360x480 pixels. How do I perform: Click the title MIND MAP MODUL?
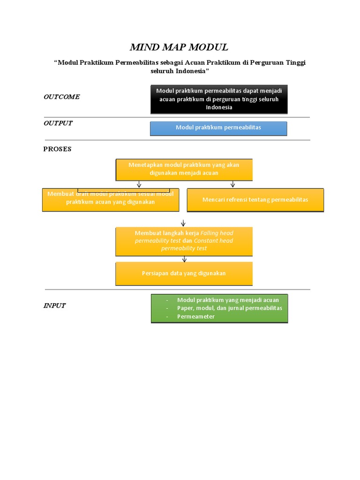point(179,47)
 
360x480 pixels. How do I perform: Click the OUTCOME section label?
point(61,97)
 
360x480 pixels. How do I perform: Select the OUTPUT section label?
point(58,123)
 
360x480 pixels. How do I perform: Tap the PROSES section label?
point(57,149)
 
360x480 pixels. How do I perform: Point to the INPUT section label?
point(54,306)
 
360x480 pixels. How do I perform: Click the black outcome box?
point(219,99)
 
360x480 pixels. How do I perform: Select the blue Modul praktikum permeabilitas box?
point(218,128)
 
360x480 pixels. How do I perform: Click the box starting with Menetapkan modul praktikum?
point(184,169)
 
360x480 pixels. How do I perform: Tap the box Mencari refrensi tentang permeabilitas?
point(255,200)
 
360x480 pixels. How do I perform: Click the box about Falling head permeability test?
point(184,241)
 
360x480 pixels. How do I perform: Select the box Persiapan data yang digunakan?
point(184,273)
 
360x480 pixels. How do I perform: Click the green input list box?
point(219,308)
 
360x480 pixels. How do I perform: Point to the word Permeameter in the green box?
point(196,316)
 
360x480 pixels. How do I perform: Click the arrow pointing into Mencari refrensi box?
point(232,184)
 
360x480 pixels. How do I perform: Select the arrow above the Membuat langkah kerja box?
point(183,223)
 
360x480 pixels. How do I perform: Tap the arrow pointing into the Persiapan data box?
point(184,259)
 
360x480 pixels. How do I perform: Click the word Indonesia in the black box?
point(219,107)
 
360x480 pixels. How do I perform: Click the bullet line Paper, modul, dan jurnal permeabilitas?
point(229,308)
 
